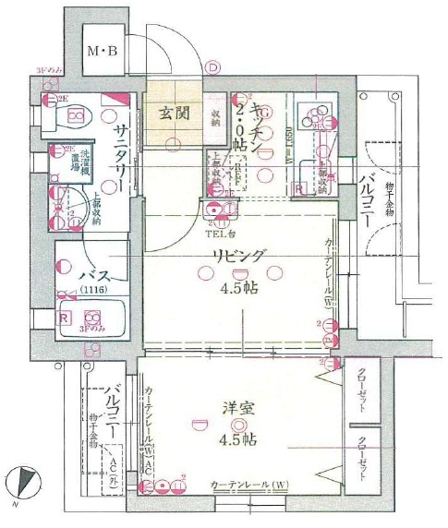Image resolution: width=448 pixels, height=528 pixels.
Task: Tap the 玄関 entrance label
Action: [x=173, y=116]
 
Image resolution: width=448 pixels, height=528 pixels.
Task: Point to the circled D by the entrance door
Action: [x=213, y=66]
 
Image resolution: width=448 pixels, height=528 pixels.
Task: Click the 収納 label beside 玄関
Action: [x=214, y=116]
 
